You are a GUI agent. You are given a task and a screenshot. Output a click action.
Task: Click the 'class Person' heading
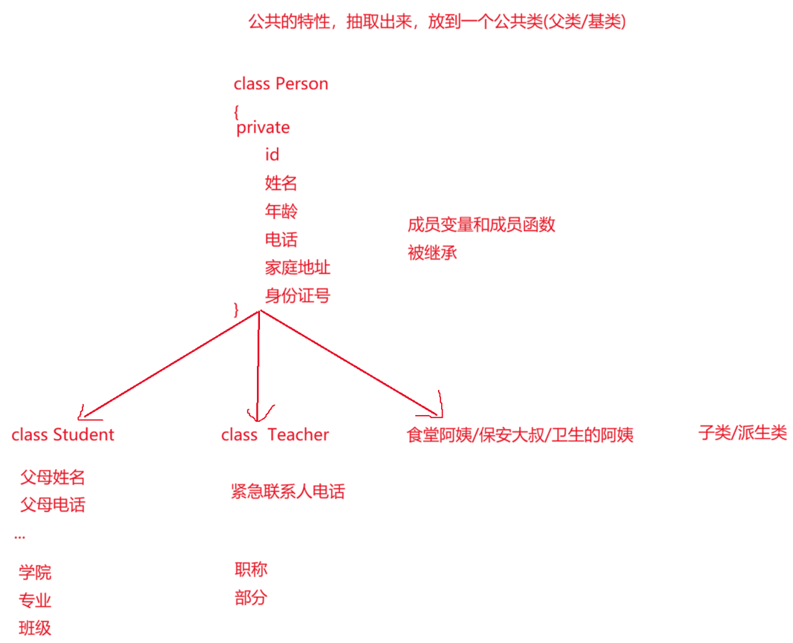point(281,84)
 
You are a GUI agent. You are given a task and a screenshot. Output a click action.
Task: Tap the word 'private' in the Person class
point(263,128)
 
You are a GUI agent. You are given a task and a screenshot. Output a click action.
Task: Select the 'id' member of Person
point(272,154)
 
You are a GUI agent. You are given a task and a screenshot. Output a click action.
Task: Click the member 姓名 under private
point(281,183)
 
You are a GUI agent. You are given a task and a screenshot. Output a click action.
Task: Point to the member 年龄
point(281,211)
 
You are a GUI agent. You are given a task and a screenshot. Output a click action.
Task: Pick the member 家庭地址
point(297,267)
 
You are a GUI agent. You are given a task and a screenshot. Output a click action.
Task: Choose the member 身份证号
point(297,296)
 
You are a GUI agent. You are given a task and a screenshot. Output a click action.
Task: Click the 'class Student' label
point(63,434)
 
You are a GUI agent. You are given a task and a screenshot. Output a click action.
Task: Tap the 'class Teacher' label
point(275,434)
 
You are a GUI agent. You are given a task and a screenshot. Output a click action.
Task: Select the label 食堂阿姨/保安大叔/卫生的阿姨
point(520,435)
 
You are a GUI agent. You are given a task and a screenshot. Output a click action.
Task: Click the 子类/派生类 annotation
point(742,433)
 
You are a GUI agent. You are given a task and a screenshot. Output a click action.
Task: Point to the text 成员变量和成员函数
point(481,225)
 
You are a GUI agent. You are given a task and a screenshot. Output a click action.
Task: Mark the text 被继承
point(432,252)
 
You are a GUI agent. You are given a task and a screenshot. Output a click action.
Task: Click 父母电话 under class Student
point(52,505)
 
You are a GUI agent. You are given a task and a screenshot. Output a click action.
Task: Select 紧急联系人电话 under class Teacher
point(287,491)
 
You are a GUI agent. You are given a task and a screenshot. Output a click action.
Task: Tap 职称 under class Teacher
point(251,569)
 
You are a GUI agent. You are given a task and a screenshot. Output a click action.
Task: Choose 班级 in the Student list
point(35,628)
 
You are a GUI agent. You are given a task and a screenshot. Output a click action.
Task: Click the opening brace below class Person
point(236,111)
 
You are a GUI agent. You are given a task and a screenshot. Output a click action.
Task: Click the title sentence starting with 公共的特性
point(437,22)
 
